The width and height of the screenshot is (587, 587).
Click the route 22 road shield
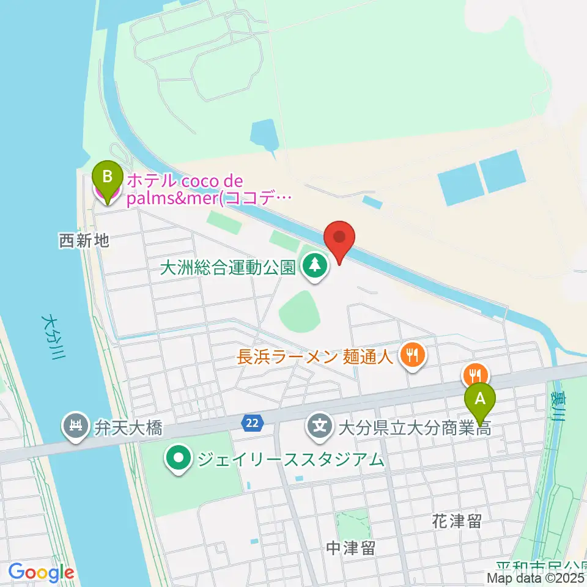(x=252, y=422)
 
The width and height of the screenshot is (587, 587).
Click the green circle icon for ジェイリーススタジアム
(x=179, y=458)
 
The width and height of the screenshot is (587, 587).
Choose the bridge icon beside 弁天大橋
(x=76, y=427)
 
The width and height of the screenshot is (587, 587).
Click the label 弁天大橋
(x=128, y=427)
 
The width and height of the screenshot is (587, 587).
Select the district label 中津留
(x=350, y=548)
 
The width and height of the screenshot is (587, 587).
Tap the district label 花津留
(x=457, y=521)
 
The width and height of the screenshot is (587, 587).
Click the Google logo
(x=41, y=572)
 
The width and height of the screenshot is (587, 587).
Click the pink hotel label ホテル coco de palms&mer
(x=202, y=190)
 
